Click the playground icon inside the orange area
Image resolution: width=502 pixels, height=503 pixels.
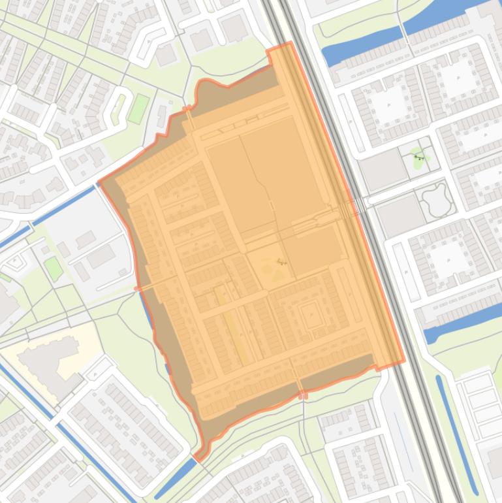[x=281, y=262]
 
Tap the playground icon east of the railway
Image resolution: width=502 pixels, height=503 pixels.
[x=418, y=157]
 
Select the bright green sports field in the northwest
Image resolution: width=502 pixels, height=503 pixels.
[x=138, y=108]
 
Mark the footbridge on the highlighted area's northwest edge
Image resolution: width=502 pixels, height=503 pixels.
[x=190, y=118]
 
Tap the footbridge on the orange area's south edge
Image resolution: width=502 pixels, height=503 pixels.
[x=302, y=395]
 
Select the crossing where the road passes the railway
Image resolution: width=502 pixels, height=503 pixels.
[x=353, y=208]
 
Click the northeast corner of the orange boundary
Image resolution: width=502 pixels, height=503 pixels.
[x=290, y=44]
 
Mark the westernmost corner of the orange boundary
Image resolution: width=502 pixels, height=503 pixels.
[x=99, y=182]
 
